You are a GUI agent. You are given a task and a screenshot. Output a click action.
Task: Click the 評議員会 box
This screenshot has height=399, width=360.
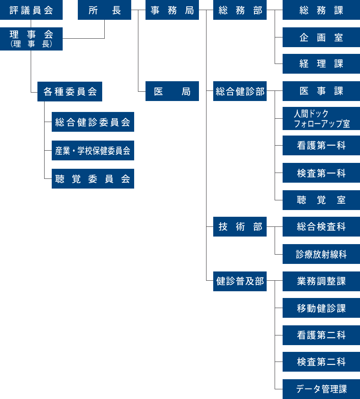31,10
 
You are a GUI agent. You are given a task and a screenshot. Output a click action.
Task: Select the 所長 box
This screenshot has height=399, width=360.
104,10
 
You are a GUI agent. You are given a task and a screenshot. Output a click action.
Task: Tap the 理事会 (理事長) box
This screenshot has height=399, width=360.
31,39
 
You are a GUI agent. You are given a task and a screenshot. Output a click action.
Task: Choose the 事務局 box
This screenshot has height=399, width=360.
172,10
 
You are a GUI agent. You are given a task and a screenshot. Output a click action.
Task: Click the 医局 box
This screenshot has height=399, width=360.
172,91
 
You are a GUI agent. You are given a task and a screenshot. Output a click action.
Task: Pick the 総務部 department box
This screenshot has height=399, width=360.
240,10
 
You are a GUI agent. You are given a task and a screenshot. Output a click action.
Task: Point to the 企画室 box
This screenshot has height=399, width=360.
321,37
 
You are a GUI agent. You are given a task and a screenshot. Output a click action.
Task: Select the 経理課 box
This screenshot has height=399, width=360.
321,64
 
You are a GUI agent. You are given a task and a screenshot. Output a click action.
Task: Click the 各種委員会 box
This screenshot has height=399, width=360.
70,91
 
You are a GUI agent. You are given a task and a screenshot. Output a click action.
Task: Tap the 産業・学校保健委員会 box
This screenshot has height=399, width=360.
93,151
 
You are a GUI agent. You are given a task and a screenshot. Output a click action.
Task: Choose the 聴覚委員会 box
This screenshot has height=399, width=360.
93,179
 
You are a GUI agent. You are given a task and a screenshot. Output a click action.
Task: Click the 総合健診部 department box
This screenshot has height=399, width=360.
240,91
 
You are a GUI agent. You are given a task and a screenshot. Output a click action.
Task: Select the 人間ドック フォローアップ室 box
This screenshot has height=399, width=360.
321,119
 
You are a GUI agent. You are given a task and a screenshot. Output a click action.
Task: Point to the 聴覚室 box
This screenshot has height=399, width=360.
321,200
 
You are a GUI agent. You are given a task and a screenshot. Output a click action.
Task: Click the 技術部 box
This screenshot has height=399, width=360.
240,227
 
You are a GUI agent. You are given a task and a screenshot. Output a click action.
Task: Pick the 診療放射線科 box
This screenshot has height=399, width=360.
321,254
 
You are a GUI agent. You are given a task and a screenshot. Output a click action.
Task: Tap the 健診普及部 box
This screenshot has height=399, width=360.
240,281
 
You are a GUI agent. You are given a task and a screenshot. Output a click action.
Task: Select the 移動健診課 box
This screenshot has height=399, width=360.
321,308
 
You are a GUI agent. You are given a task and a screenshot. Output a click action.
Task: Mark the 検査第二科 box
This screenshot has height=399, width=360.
321,362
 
